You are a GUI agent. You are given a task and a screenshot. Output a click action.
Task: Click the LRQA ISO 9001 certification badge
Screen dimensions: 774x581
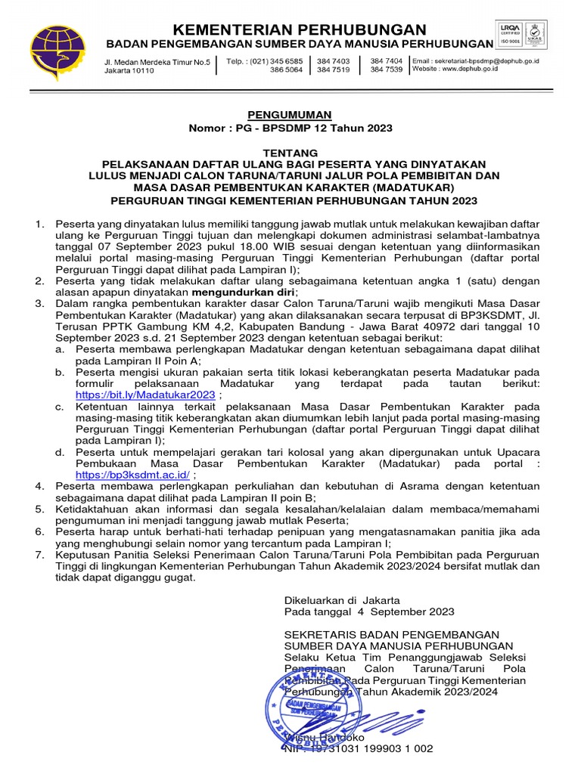[523, 45]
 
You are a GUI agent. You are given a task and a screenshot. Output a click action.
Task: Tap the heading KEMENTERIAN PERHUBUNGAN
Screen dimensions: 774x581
[299, 29]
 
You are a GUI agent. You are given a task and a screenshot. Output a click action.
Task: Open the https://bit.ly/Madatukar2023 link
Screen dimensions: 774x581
[145, 395]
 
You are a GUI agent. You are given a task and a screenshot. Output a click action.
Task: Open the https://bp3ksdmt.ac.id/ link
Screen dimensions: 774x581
[133, 475]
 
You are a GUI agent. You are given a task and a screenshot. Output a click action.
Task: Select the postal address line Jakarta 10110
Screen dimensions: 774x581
[129, 70]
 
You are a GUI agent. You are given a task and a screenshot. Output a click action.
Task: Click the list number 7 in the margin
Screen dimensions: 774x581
[39, 556]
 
